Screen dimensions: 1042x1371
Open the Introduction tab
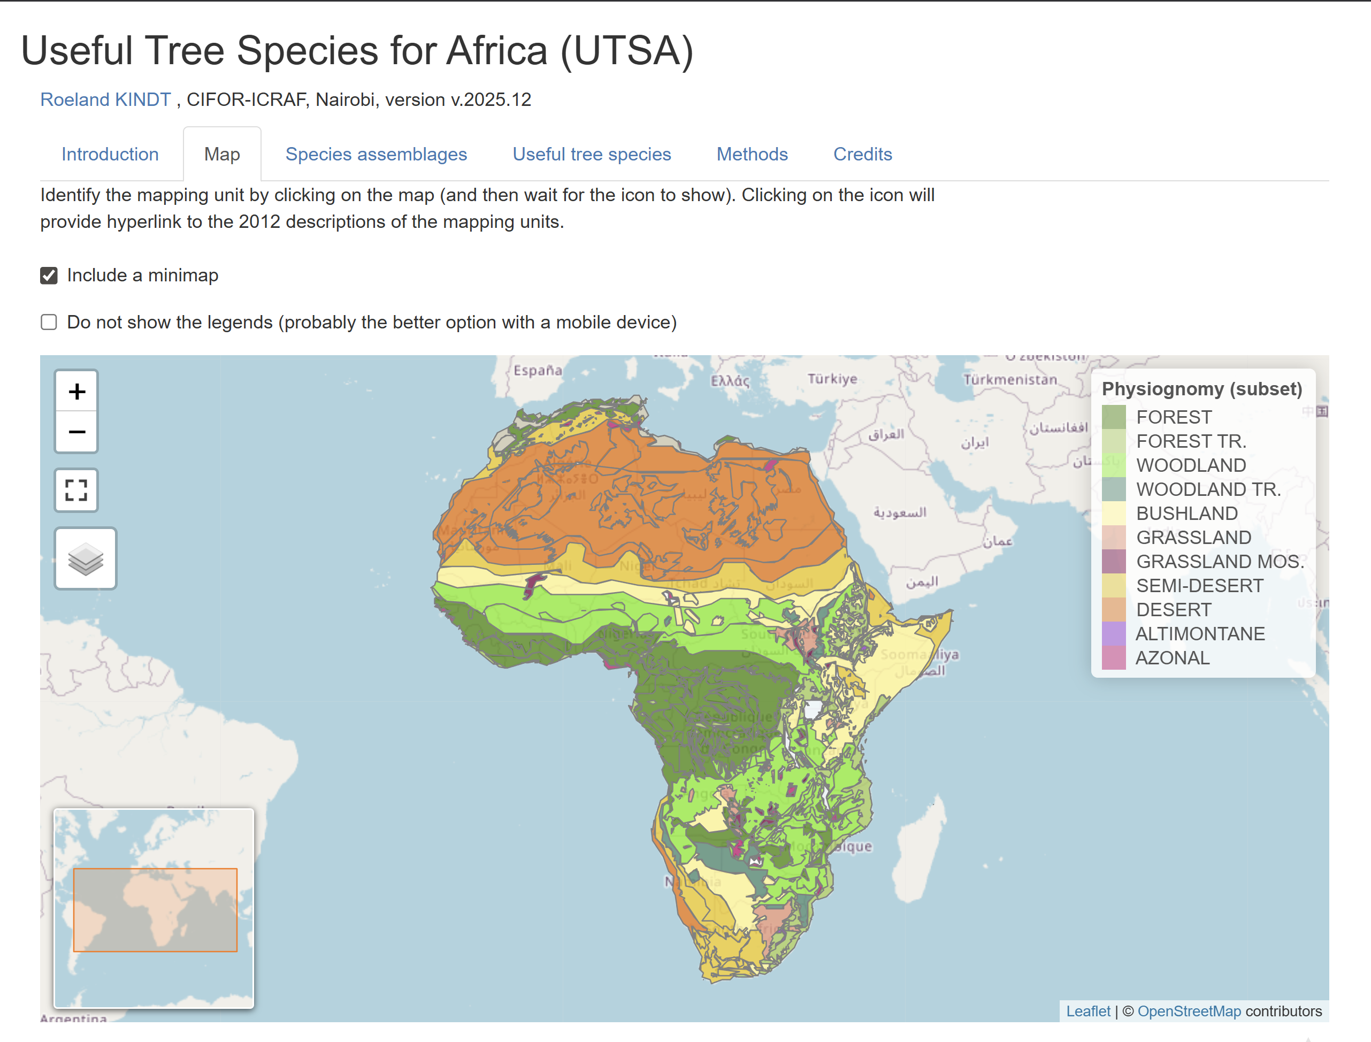110,154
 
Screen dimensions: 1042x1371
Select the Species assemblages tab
376,154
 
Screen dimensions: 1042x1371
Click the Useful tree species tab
591,154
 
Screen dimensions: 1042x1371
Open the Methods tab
752,154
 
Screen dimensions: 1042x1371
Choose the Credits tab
862,154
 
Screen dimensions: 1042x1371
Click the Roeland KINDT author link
105,99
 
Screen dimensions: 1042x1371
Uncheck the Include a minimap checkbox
49,275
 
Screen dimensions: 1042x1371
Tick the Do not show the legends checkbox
49,323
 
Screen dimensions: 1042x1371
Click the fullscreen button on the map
76,490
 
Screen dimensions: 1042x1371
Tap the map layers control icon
86,559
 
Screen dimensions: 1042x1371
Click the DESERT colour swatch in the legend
1114,610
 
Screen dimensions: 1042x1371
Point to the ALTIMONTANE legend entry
1199,634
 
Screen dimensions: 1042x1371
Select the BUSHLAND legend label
1186,514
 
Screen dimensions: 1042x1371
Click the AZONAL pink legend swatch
1114,658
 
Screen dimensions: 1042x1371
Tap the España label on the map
538,370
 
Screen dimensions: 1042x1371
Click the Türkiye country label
832,378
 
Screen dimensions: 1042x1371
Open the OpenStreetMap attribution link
1189,1012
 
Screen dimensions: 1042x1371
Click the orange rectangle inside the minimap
155,909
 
